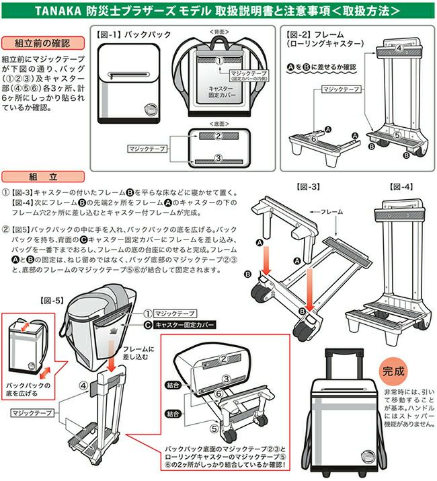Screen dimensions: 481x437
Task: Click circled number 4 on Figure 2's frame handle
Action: coord(399,48)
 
